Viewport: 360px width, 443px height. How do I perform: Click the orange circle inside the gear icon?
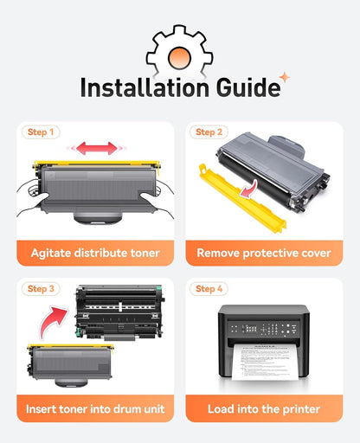pos(179,57)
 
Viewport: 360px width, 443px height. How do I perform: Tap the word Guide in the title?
pos(248,87)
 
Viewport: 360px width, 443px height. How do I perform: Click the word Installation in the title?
pos(145,87)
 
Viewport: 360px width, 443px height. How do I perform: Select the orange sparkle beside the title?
pos(285,77)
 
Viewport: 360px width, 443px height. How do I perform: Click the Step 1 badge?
pos(41,132)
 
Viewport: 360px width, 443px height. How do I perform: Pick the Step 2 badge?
pos(209,132)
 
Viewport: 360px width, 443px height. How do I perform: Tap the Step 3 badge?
pos(41,289)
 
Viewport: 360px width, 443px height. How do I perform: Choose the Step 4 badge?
pos(209,289)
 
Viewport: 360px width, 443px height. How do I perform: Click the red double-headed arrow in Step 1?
pos(97,148)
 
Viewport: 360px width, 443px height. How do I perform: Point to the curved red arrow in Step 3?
pos(51,321)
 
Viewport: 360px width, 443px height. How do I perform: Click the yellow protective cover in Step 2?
pos(242,199)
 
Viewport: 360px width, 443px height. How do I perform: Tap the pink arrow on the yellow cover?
pos(249,189)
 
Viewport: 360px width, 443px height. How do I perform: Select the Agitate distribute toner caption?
pos(95,253)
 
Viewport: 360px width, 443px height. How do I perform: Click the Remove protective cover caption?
pos(264,253)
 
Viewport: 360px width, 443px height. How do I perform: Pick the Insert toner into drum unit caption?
pos(95,409)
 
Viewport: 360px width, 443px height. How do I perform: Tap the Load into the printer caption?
pos(264,409)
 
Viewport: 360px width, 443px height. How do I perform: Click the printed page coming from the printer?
pos(265,362)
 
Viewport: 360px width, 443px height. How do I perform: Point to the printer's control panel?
pos(263,329)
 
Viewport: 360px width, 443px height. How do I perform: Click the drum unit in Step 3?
pos(120,312)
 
